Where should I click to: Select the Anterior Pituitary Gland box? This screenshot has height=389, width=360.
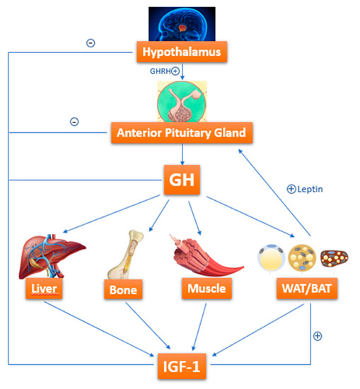point(182,132)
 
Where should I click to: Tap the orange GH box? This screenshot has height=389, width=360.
point(182,180)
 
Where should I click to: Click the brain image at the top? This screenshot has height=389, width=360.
point(182,21)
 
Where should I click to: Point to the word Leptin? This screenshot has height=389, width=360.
point(310,189)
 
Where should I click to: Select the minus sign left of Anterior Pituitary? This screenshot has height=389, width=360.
point(74,122)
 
